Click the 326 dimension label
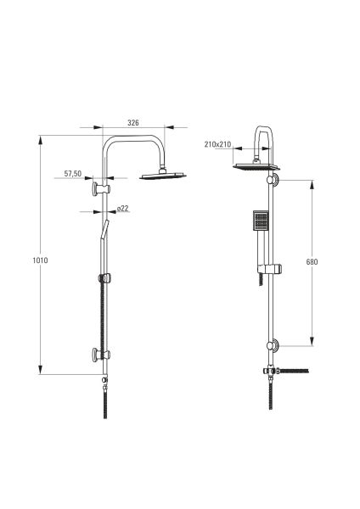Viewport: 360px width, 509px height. [133, 123]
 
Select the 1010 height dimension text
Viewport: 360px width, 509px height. [40, 260]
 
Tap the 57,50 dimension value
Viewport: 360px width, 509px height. [73, 174]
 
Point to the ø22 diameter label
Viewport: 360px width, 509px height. [122, 209]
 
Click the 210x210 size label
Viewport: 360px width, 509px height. [217, 144]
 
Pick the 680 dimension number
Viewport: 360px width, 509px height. [312, 261]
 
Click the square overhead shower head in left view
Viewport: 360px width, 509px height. [163, 176]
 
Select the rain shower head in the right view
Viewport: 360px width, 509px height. [256, 167]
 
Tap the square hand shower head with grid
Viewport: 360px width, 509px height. [261, 221]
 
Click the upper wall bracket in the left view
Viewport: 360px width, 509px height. [101, 189]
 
